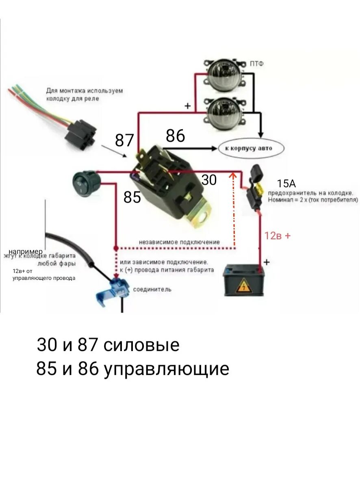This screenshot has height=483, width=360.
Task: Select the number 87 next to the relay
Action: click(124, 141)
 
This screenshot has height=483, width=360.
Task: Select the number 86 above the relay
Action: click(175, 136)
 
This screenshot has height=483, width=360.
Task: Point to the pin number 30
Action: click(209, 180)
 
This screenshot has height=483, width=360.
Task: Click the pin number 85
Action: click(132, 197)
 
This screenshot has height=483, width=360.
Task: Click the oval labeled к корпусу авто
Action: click(251, 149)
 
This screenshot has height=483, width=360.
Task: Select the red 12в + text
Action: click(278, 236)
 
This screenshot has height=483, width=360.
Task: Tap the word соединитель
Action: click(152, 290)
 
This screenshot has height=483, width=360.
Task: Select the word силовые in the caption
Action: click(141, 345)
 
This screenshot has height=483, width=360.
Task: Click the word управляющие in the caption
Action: click(166, 369)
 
